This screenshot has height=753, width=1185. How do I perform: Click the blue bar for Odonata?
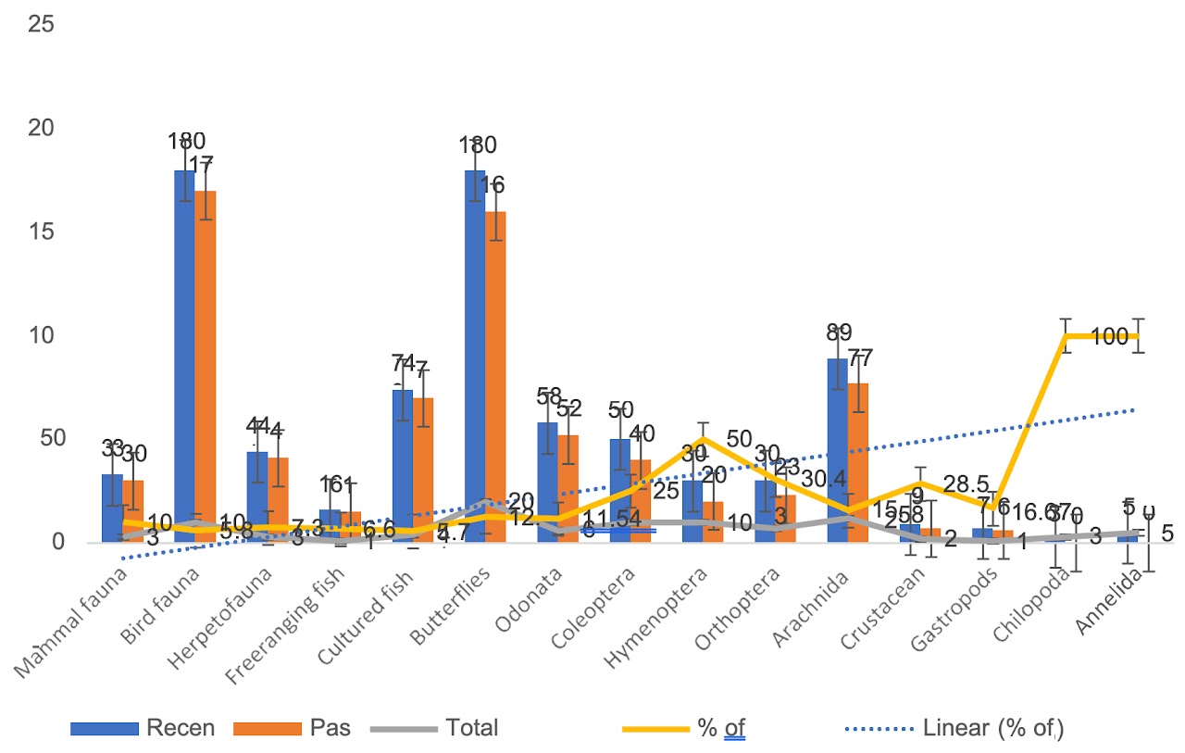coord(547,482)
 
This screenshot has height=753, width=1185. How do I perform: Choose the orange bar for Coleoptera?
coord(641,500)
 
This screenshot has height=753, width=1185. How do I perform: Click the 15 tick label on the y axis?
coord(42,231)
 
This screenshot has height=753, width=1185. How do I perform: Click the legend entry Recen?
coord(181,728)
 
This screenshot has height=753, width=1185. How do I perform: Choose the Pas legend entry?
coord(331,728)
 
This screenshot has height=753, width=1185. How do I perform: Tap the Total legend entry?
coord(471,728)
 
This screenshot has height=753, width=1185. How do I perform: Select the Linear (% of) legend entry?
coord(992,728)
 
